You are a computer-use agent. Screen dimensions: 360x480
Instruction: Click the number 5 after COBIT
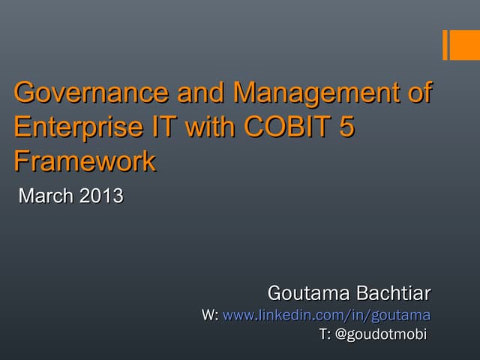346,127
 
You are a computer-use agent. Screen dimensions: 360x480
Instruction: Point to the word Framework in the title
85,160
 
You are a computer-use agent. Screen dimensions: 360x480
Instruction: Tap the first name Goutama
304,291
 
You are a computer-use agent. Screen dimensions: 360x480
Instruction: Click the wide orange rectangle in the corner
465,45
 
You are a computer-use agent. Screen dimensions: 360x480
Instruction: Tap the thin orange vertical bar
445,45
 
